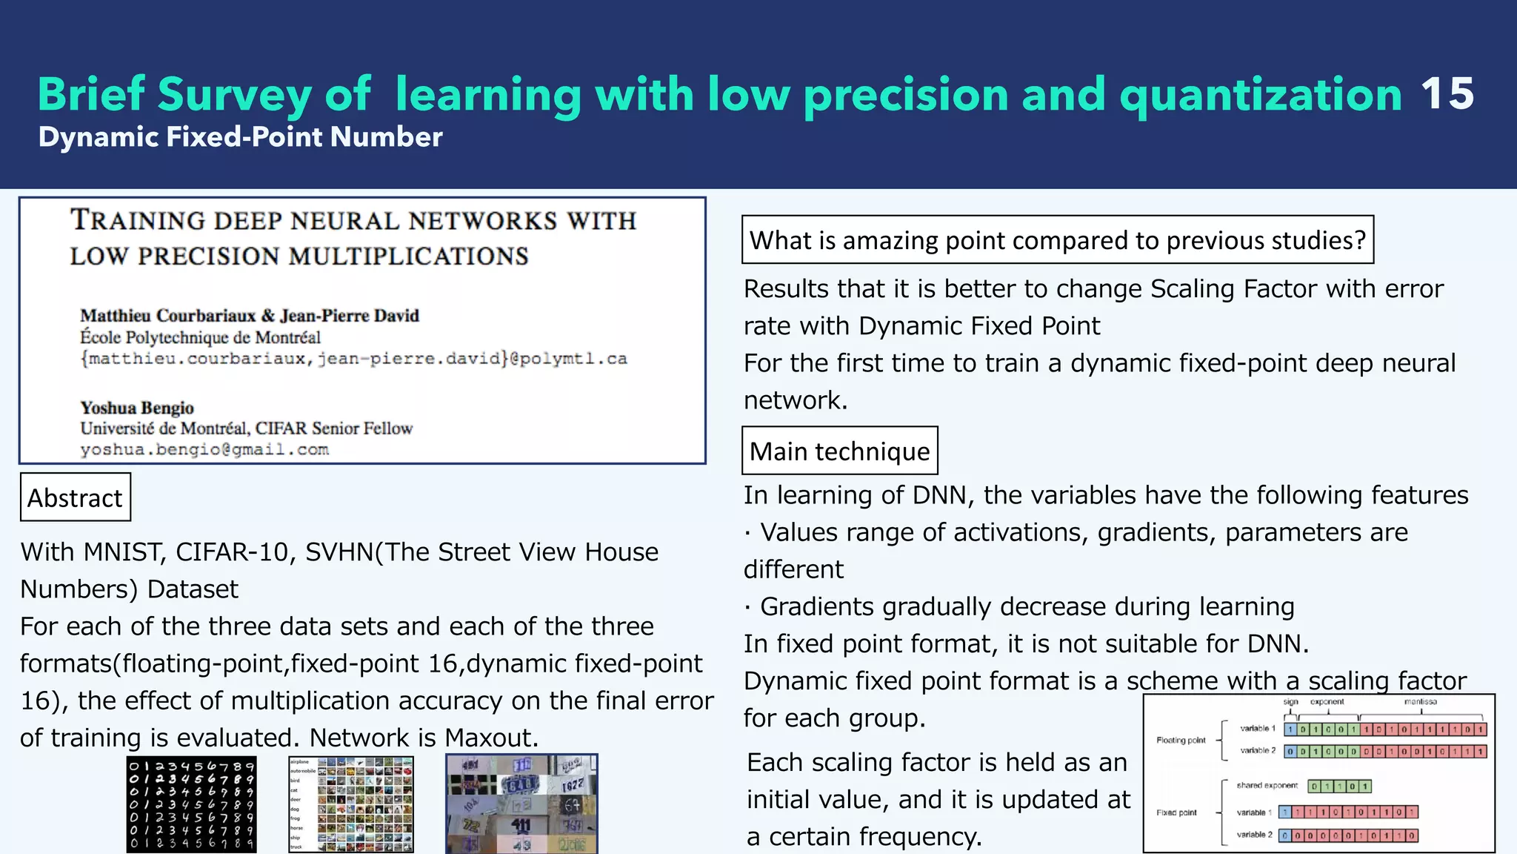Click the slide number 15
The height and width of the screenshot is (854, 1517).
pyautogui.click(x=1447, y=94)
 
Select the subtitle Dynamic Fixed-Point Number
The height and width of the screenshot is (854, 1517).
pyautogui.click(x=240, y=137)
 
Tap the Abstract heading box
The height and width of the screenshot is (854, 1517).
pyautogui.click(x=75, y=497)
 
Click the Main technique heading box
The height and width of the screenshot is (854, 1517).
pyautogui.click(x=839, y=451)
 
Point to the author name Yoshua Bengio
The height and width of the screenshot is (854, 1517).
pyautogui.click(x=137, y=408)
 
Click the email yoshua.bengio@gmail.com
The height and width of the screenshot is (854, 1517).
pyautogui.click(x=204, y=449)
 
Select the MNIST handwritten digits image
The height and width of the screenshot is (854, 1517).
pyautogui.click(x=191, y=804)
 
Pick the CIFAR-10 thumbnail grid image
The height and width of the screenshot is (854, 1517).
pyautogui.click(x=351, y=804)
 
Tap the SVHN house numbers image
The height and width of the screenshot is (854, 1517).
pyautogui.click(x=521, y=804)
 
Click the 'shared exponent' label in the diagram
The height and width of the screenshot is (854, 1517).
pyautogui.click(x=1267, y=786)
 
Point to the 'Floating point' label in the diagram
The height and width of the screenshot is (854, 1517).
pyautogui.click(x=1181, y=740)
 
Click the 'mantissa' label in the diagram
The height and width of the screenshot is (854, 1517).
pyautogui.click(x=1420, y=701)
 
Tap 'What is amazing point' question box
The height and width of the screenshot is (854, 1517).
pyautogui.click(x=1057, y=240)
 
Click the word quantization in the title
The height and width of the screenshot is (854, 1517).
pyautogui.click(x=1260, y=94)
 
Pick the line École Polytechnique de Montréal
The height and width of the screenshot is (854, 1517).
pyautogui.click(x=200, y=338)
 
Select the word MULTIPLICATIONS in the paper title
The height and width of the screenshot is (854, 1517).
pyautogui.click(x=408, y=256)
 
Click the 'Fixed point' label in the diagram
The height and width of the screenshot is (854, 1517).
pyautogui.click(x=1176, y=812)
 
